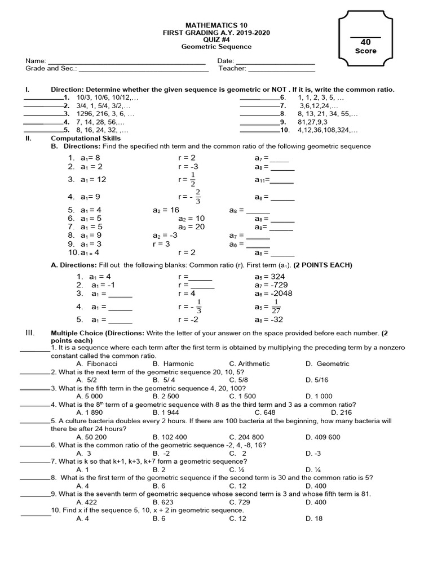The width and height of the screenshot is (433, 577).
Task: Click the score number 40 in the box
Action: (365, 42)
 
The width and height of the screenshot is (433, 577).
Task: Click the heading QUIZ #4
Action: (216, 40)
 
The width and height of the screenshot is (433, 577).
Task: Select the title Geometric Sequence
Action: (216, 47)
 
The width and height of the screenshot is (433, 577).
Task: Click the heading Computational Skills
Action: (86, 138)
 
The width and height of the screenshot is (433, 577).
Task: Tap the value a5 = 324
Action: (269, 277)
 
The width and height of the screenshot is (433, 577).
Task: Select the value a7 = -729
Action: (271, 285)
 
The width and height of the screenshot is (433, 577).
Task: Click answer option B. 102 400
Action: (170, 437)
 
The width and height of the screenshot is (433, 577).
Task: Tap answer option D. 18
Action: (315, 518)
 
